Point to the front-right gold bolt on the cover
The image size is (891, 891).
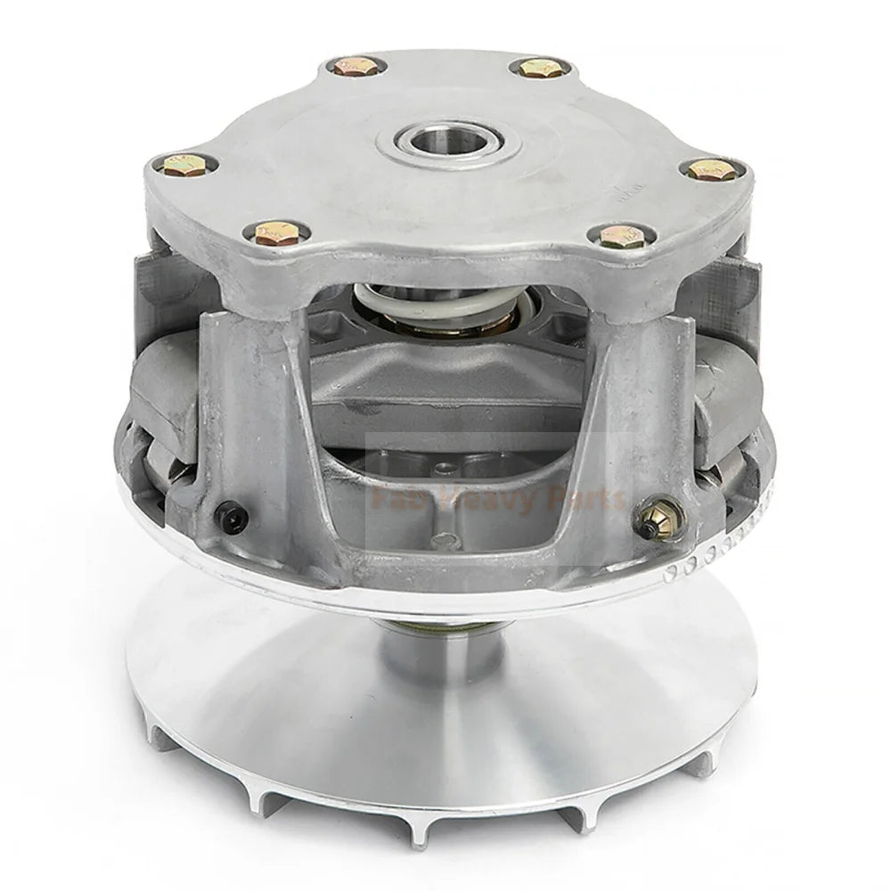[x=621, y=235]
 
